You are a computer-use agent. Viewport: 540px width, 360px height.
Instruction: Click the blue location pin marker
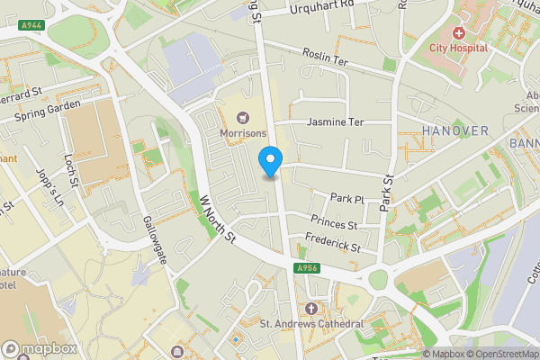coord(270,161)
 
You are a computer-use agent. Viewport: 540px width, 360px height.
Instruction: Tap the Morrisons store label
coord(242,132)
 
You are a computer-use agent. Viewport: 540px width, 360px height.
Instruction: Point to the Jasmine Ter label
coord(336,121)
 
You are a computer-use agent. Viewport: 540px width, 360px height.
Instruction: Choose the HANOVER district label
coord(454,131)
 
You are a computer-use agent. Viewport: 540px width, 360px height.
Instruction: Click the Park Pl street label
coord(346,198)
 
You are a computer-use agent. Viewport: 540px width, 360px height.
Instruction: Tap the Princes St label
coord(334,221)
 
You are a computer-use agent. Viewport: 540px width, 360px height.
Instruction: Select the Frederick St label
coord(332,242)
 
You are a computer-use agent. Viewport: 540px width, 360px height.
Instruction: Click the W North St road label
coord(217,218)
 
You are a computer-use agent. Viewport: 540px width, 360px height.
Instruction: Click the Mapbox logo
coord(40,348)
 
